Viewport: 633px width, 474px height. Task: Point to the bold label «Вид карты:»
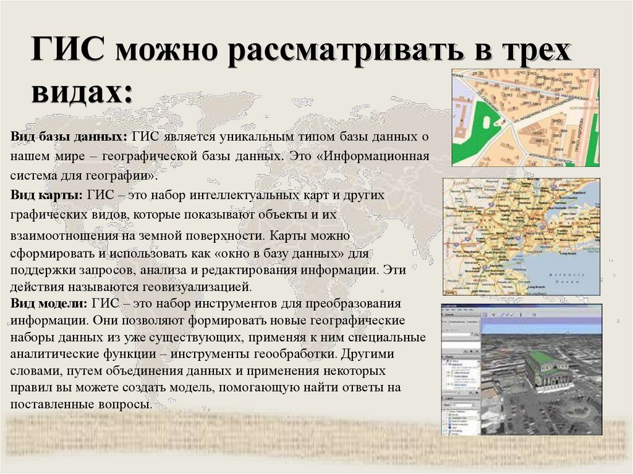pos(47,195)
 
